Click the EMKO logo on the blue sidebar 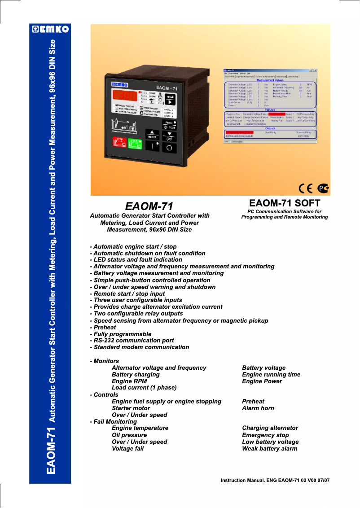[50, 30]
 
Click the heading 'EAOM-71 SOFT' [285, 202]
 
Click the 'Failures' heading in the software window [270, 109]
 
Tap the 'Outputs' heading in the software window [270, 128]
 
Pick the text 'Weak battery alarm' [269, 448]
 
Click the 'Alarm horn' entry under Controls [258, 408]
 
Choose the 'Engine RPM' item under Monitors [129, 381]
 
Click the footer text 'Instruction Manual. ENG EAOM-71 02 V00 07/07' [275, 480]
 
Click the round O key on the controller [169, 147]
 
